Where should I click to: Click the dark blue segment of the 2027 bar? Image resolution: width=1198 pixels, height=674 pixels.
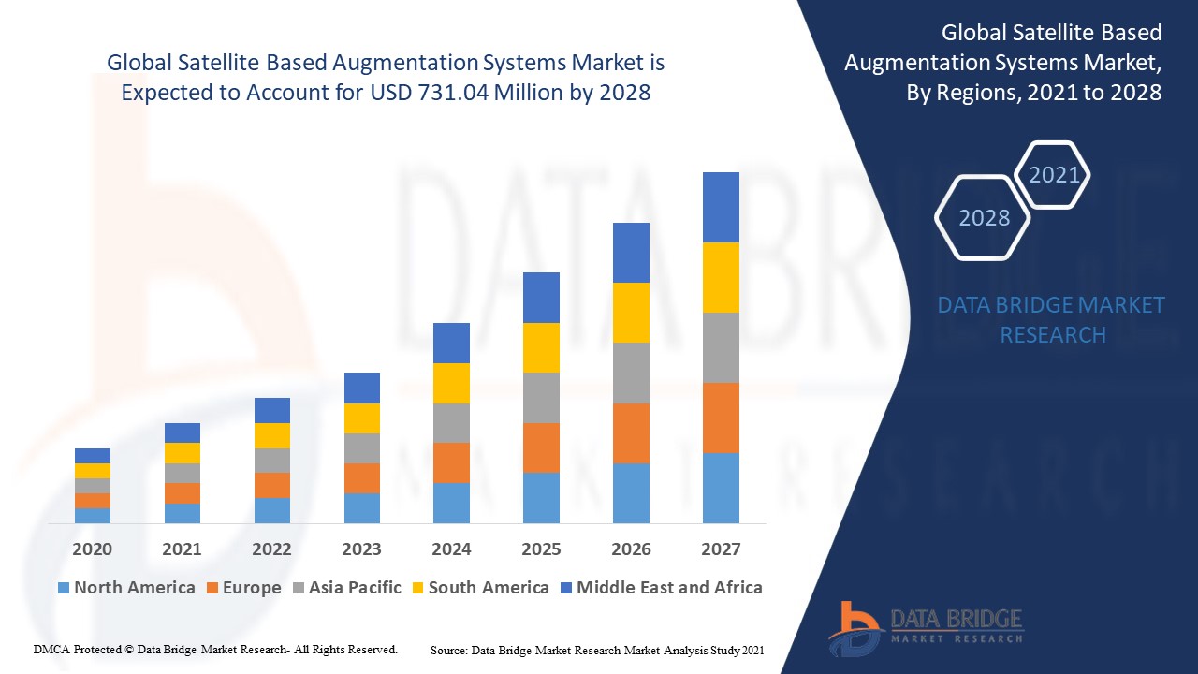coord(721,207)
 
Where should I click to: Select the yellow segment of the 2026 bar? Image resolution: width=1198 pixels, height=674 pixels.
coord(631,313)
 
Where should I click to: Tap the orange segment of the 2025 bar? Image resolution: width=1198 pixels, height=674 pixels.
coord(541,447)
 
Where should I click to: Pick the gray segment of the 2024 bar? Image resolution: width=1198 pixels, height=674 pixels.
coord(451,423)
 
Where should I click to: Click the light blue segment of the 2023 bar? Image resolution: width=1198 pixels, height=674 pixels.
coord(361,507)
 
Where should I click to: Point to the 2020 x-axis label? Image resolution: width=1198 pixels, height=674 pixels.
coord(92,549)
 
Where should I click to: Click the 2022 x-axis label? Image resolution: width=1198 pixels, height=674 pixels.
coord(271,549)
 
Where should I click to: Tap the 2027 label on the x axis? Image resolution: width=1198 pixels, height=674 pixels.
coord(721,549)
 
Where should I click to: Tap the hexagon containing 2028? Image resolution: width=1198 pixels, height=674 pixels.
coord(984,218)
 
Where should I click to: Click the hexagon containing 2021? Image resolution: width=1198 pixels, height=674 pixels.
coord(1054,175)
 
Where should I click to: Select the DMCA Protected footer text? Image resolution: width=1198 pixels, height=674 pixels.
coord(215,649)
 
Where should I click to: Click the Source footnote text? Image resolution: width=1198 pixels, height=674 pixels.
coord(597,650)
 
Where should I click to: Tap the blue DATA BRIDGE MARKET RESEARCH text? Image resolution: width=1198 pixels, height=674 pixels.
coord(1052,319)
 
